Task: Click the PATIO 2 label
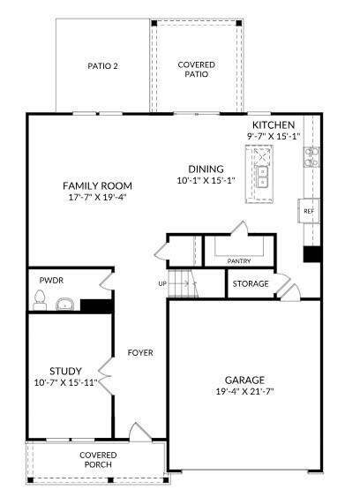coord(102,66)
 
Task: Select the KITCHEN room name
coord(273,125)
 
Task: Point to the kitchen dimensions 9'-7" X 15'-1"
coord(274,136)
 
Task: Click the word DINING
coord(206,169)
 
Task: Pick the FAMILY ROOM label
coord(97,185)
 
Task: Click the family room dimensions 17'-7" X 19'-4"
coord(97,197)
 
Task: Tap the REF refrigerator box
coord(309,212)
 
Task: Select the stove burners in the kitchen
coord(311,156)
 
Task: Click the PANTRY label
coord(239,261)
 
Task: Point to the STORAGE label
coord(251,284)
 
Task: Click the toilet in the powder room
coord(38,303)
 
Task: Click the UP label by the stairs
coord(162,284)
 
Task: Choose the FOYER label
coord(140,352)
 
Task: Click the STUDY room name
coord(65,371)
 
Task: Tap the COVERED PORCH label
coord(98,460)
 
